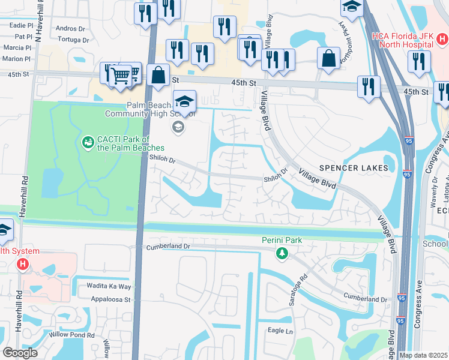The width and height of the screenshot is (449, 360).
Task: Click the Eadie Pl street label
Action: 22,26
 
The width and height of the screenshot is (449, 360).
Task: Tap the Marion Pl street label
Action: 16,58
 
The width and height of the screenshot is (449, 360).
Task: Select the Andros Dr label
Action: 70,29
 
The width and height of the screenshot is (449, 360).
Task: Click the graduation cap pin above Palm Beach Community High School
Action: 185,100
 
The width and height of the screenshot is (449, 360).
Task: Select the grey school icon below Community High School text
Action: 177,126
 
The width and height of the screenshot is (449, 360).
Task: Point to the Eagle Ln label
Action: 280,331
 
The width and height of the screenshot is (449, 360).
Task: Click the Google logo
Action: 20,353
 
